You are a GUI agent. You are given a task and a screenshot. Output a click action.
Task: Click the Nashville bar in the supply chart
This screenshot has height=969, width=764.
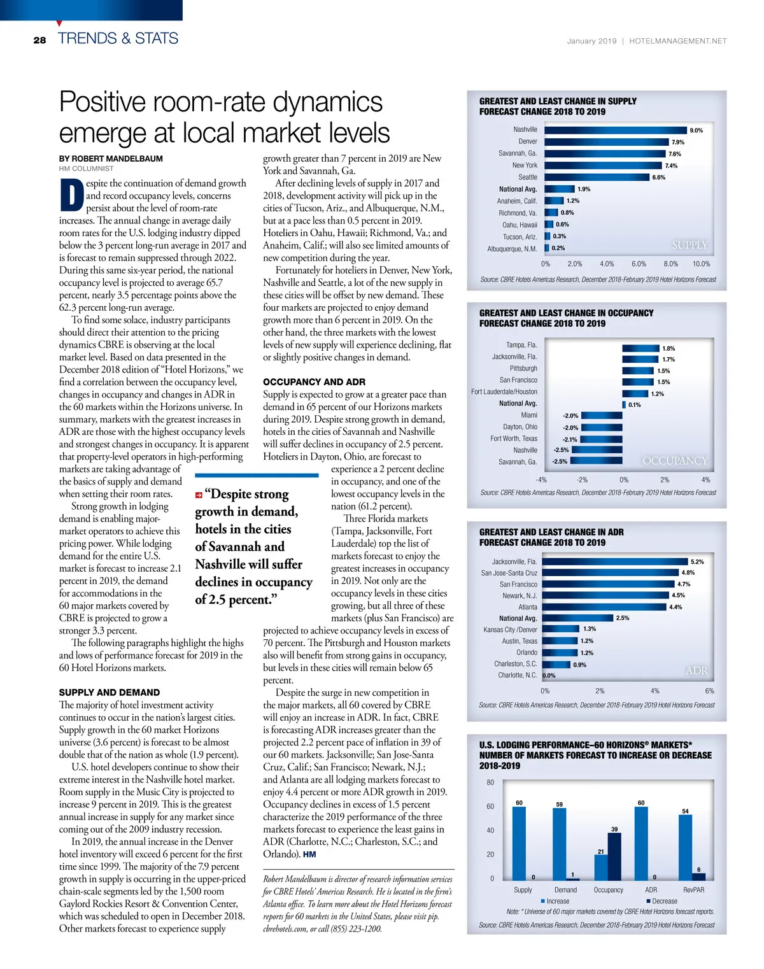(x=616, y=130)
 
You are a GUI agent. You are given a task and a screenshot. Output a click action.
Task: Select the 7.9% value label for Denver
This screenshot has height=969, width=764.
(x=677, y=142)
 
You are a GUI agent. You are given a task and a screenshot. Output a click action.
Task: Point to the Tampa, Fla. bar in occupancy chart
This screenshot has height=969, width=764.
(x=640, y=348)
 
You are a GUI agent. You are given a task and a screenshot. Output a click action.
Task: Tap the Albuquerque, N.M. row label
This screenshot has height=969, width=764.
(x=512, y=249)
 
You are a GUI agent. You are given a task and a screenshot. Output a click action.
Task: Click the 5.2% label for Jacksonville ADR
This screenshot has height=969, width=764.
(x=697, y=562)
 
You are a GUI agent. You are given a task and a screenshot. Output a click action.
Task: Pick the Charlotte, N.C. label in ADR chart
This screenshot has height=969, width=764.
(x=517, y=675)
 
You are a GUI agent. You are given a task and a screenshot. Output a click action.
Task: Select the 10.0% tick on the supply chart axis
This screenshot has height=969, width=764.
(x=701, y=264)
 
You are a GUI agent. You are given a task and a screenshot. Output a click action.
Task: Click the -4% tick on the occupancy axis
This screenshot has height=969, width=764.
(x=541, y=479)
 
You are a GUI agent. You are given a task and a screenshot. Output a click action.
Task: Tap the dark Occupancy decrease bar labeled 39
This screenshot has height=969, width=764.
(x=614, y=856)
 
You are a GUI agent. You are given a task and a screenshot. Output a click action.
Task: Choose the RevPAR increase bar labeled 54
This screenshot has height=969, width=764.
(x=685, y=847)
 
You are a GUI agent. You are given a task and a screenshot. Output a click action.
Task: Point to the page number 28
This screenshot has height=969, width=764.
(x=39, y=39)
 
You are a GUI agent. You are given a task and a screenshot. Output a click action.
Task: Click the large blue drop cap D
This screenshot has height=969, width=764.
(x=71, y=196)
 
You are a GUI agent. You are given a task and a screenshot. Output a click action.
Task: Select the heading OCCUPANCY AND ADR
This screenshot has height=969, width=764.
(x=314, y=382)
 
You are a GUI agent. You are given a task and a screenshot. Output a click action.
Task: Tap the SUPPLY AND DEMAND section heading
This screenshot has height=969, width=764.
(x=110, y=692)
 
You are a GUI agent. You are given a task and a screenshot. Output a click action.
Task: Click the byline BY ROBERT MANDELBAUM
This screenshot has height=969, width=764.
(x=111, y=159)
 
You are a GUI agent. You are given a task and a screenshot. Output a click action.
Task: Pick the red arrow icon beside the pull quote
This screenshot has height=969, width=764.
(x=199, y=495)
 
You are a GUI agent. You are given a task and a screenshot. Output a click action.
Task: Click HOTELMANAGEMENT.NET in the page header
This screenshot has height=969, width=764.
(x=677, y=41)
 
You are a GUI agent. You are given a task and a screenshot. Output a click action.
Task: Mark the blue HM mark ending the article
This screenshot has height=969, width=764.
(x=309, y=854)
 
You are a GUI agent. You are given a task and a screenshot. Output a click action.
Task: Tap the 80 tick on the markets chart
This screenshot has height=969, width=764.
(x=490, y=782)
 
